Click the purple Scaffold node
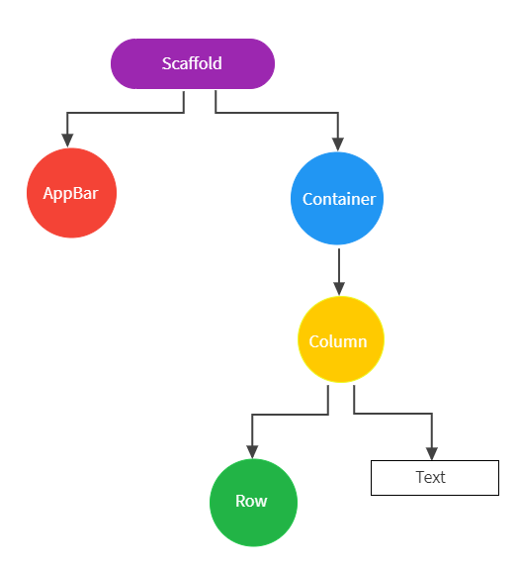(x=192, y=64)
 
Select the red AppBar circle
(x=71, y=193)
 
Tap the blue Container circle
(x=338, y=199)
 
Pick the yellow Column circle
(x=340, y=340)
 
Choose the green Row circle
(x=252, y=502)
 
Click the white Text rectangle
(x=434, y=477)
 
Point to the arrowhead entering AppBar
(x=66, y=141)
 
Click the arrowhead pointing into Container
(x=338, y=144)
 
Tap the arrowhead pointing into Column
(x=339, y=288)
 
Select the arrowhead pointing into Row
(x=252, y=451)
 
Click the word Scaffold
(x=192, y=64)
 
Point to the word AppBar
(x=71, y=193)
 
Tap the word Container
(x=338, y=199)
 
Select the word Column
(x=338, y=341)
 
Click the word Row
(x=252, y=501)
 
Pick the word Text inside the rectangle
(x=431, y=477)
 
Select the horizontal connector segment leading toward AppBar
(x=125, y=113)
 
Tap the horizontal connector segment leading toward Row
(x=290, y=415)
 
